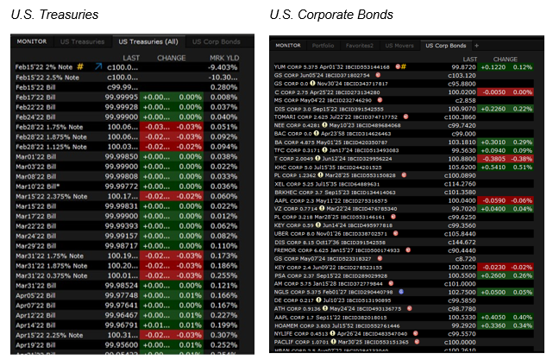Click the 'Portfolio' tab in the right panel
click(x=323, y=45)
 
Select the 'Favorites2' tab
click(x=360, y=45)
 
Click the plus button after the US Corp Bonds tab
click(x=476, y=45)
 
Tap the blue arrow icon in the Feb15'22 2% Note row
click(x=97, y=66)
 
